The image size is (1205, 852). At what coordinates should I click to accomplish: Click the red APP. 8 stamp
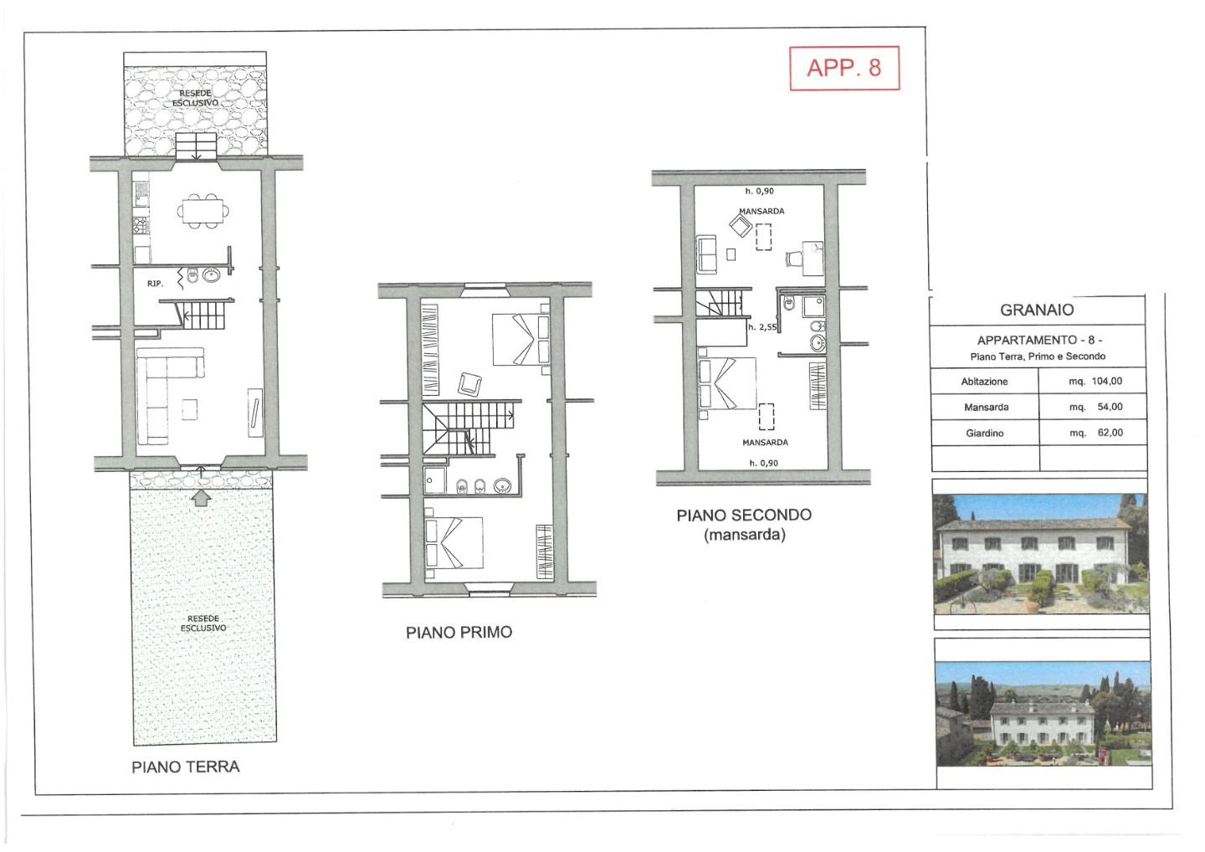(x=844, y=68)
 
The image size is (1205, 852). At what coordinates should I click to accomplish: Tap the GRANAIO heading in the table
(x=1037, y=310)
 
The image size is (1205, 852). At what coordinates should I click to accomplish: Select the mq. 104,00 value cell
(x=1095, y=382)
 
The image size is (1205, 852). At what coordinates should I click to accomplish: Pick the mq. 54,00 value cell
(x=1096, y=408)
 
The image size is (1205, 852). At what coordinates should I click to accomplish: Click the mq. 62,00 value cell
(x=1096, y=433)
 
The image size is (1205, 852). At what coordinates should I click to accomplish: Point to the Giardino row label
(x=984, y=433)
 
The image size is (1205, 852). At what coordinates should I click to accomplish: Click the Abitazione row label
(x=984, y=382)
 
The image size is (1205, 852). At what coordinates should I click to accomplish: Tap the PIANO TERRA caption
(x=186, y=767)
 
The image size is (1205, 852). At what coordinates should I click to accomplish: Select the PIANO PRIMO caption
(x=459, y=632)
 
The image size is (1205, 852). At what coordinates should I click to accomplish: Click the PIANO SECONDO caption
(x=744, y=515)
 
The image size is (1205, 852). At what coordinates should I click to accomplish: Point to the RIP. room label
(x=155, y=284)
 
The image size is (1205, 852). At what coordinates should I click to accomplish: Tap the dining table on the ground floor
(x=203, y=210)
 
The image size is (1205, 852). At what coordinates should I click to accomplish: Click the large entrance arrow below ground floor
(x=201, y=497)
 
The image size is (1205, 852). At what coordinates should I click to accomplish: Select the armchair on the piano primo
(x=469, y=385)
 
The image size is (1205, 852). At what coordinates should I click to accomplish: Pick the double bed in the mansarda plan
(x=726, y=384)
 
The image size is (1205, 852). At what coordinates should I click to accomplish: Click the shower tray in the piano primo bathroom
(x=434, y=480)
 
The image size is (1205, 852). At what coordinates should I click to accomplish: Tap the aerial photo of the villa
(x=1043, y=714)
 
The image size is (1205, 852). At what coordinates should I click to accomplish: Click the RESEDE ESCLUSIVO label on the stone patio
(x=195, y=98)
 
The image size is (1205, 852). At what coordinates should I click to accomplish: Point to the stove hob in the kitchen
(x=141, y=225)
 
